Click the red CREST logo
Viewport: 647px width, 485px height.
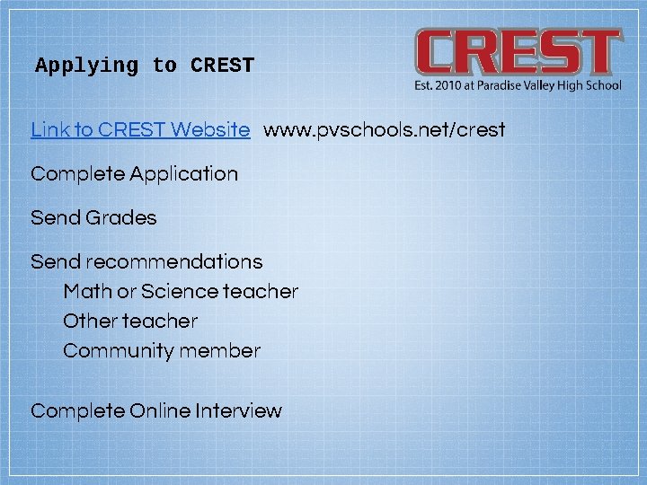click(x=518, y=53)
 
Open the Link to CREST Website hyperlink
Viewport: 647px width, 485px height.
click(x=140, y=129)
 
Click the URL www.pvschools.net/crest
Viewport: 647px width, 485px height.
click(x=384, y=129)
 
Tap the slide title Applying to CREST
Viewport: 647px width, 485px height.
click(x=145, y=66)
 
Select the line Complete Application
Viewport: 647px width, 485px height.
click(x=135, y=174)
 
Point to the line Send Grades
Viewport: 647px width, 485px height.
click(x=93, y=217)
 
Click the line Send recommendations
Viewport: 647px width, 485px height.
click(x=146, y=262)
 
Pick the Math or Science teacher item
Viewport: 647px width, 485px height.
click(x=181, y=292)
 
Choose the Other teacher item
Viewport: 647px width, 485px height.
click(x=130, y=321)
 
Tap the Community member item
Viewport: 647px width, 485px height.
click(x=162, y=350)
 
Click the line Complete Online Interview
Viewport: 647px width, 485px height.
click(x=156, y=411)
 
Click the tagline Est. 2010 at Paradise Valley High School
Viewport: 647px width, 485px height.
click(x=518, y=85)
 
